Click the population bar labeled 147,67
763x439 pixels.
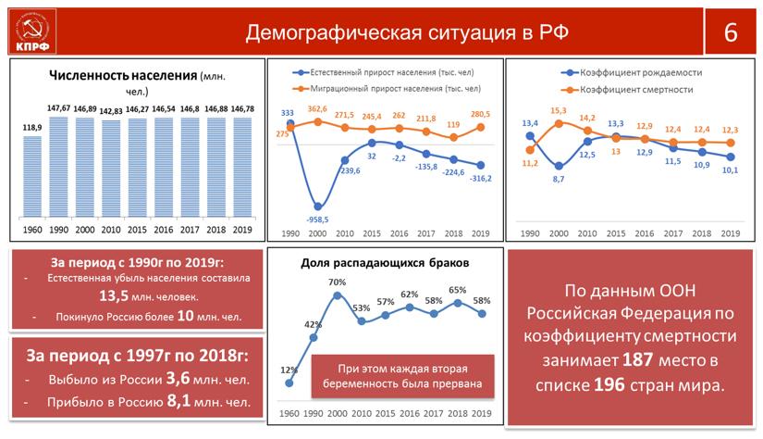tap(58, 167)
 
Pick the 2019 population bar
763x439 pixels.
tap(242, 167)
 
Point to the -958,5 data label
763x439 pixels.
tap(317, 219)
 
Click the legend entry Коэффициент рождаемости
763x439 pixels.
tap(638, 72)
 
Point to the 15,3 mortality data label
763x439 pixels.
tap(558, 110)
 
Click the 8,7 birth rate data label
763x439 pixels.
tap(558, 179)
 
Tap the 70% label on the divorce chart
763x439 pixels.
tap(337, 282)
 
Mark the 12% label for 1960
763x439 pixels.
tap(289, 370)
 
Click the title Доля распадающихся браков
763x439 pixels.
tap(385, 263)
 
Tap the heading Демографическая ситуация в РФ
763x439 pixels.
tap(407, 33)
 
